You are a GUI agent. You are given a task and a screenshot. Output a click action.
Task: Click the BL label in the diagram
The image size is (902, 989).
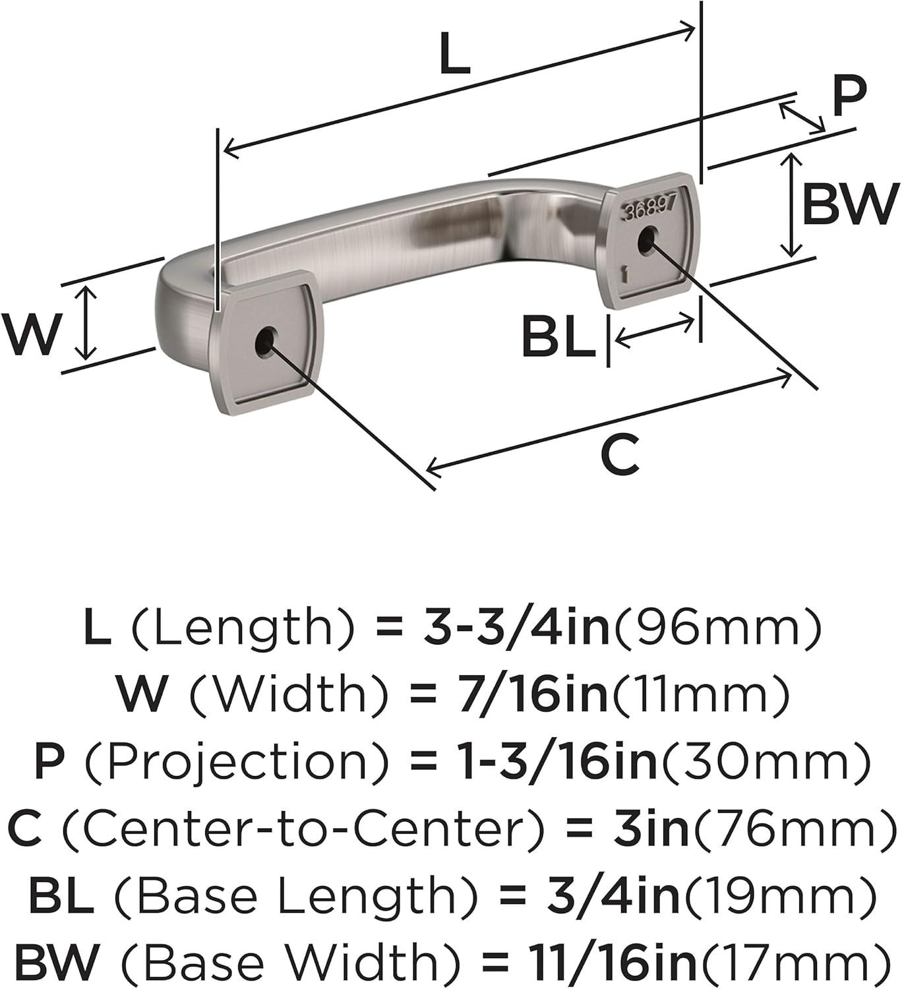coord(558,338)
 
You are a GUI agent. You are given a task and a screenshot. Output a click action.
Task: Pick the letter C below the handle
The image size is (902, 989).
coord(620,454)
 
